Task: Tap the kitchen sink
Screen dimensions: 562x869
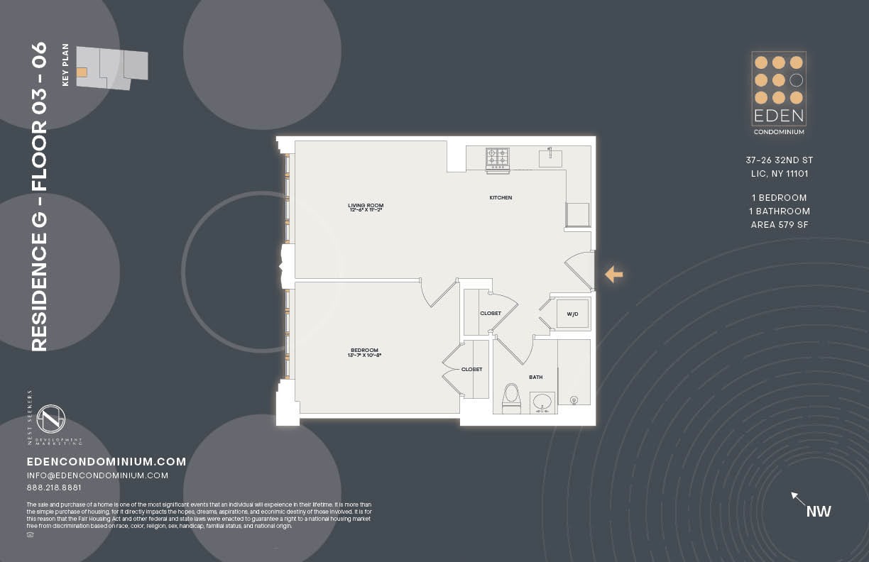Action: point(550,158)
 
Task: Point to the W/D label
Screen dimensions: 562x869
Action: point(572,314)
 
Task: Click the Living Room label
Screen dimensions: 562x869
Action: point(366,208)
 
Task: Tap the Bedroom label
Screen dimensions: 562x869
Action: point(364,352)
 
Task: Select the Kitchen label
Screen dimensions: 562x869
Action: point(501,198)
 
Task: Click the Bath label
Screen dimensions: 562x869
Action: point(535,378)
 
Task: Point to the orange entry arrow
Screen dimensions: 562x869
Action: point(613,274)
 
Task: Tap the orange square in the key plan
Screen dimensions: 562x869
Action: point(82,72)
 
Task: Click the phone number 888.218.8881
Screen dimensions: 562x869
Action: point(54,488)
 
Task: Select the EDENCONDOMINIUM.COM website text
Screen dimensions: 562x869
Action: point(106,462)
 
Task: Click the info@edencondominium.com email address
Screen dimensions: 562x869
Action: point(97,475)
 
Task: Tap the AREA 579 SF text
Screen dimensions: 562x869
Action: point(780,225)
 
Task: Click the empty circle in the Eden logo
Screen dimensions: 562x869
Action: point(797,80)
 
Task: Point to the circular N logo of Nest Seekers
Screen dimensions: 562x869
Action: point(51,419)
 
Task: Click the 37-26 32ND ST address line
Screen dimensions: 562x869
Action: point(780,160)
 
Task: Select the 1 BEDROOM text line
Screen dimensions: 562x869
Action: point(780,198)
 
